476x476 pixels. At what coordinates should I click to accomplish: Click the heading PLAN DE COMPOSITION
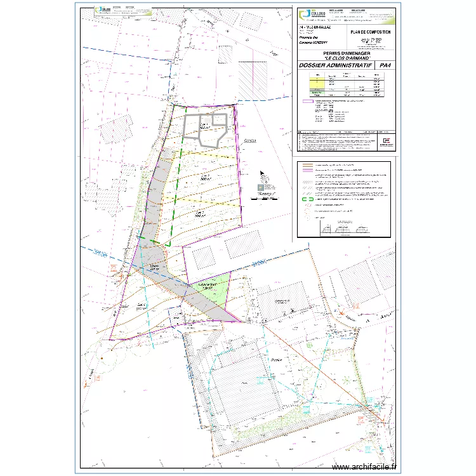[371, 32]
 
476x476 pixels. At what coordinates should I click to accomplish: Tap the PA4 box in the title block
[384, 65]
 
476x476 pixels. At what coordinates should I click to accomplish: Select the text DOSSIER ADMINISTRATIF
[334, 65]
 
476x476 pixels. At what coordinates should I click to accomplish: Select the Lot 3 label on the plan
[199, 214]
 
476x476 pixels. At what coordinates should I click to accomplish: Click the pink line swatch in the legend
[309, 170]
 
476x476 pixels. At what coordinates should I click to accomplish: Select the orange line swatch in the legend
[309, 164]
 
